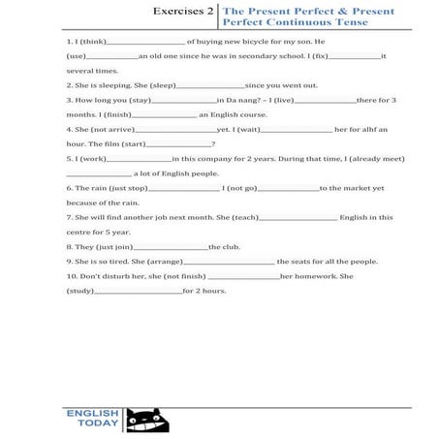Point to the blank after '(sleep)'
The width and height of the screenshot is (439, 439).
210,86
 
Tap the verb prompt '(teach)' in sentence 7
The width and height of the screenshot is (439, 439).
245,217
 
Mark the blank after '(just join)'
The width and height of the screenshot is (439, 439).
177,246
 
